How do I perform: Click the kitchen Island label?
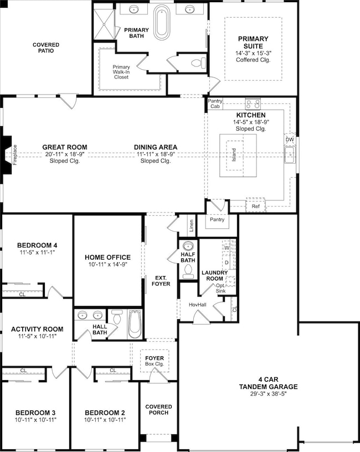tap(233, 154)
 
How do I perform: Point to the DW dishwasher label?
tap(290, 140)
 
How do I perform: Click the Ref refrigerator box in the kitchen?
tap(255, 206)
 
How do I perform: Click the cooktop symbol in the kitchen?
tap(253, 103)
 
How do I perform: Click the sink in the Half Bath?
tap(188, 246)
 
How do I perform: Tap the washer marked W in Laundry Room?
tap(227, 247)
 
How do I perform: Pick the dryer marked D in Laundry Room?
tap(227, 262)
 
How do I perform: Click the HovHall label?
tap(197, 305)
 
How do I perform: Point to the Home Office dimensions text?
tap(107, 265)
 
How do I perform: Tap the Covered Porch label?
tap(158, 410)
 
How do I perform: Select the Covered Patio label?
tap(45, 48)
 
